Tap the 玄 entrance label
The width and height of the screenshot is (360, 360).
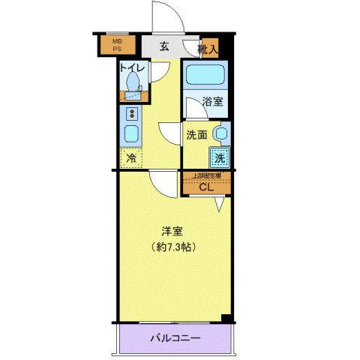[164, 46]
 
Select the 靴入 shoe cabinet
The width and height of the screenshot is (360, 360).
[208, 49]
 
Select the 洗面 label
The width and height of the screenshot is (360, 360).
[196, 136]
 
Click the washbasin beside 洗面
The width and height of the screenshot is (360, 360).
[220, 134]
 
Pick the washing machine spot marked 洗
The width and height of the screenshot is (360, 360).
[219, 157]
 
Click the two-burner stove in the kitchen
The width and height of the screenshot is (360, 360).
[132, 114]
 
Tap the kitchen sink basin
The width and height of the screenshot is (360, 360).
[131, 136]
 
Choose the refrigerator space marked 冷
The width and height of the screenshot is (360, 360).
[131, 158]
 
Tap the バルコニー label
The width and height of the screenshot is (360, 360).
[177, 338]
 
